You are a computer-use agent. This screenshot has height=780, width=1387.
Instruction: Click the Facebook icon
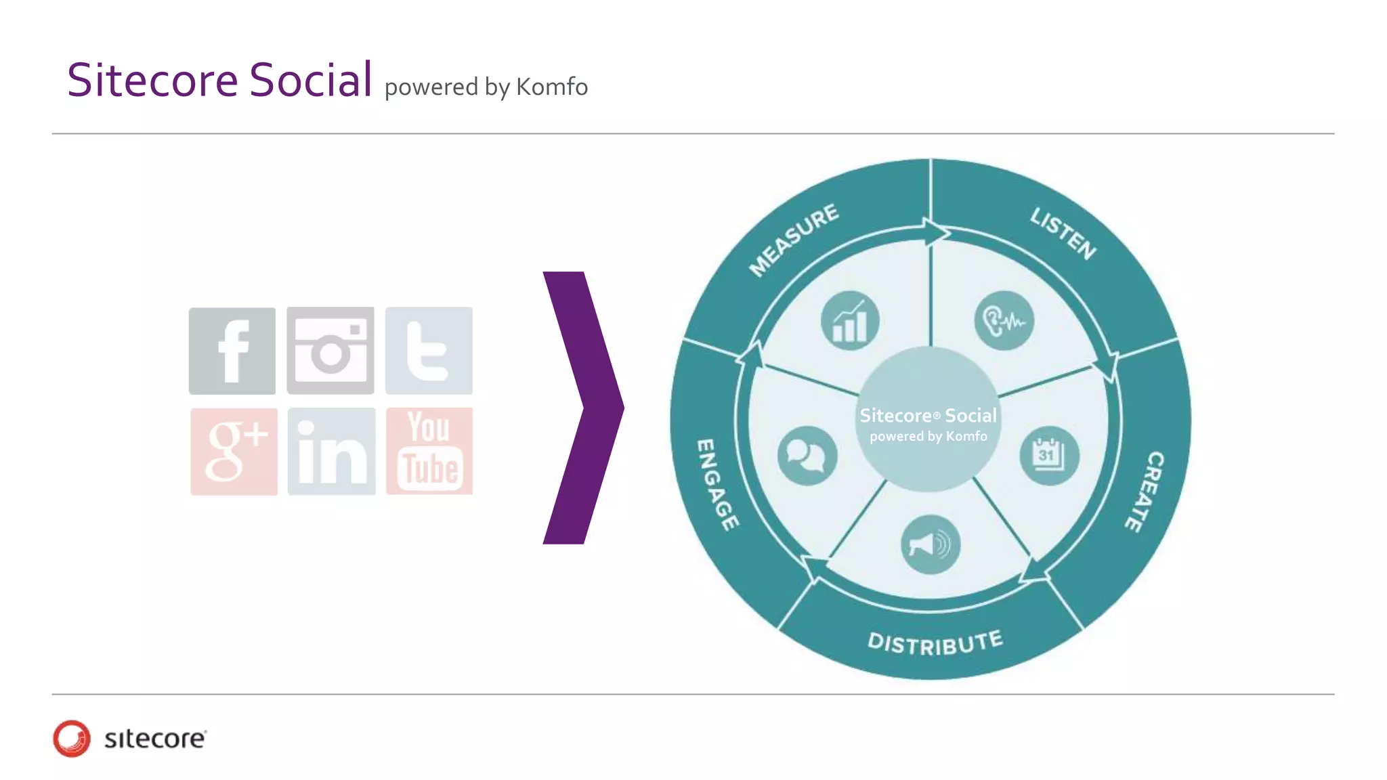click(232, 351)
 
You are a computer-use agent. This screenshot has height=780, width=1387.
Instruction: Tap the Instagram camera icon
click(330, 351)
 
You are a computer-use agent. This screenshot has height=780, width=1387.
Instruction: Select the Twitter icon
click(429, 351)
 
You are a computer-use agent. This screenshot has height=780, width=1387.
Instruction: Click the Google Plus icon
click(234, 452)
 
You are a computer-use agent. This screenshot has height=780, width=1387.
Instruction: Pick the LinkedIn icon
click(331, 452)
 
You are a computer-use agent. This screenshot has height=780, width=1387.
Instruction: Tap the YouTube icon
click(429, 451)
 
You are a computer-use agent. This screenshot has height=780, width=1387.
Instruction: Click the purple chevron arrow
click(582, 408)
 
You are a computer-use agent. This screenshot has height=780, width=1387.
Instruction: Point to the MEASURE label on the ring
click(794, 240)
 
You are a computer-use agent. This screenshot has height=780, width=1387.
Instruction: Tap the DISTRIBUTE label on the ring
click(935, 643)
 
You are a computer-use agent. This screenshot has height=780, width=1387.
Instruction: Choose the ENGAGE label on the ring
click(717, 485)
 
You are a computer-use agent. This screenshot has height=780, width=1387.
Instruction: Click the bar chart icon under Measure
click(850, 321)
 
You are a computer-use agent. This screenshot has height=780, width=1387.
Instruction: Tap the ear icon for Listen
click(1004, 321)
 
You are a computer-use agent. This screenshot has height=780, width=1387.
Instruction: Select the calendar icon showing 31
click(1049, 456)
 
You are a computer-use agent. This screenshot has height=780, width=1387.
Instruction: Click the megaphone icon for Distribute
click(931, 544)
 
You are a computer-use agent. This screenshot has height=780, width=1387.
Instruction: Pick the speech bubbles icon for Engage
click(807, 456)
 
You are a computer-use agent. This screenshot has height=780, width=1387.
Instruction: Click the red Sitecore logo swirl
click(72, 738)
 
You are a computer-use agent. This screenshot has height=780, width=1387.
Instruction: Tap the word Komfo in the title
click(552, 87)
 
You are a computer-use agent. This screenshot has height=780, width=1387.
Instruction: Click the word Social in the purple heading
click(311, 80)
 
